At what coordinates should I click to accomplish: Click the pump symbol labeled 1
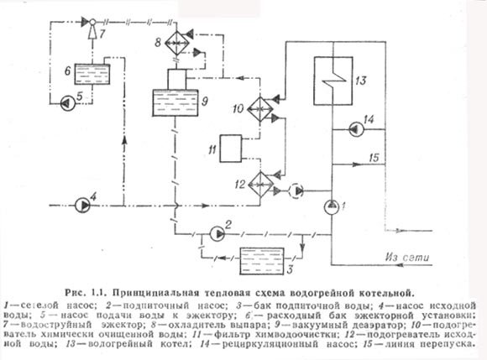click(332, 206)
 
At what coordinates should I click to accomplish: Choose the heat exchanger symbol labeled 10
click(259, 108)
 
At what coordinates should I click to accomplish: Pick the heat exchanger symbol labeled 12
click(259, 184)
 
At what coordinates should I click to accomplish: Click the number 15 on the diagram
click(375, 158)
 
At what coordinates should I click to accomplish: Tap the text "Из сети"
click(402, 257)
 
